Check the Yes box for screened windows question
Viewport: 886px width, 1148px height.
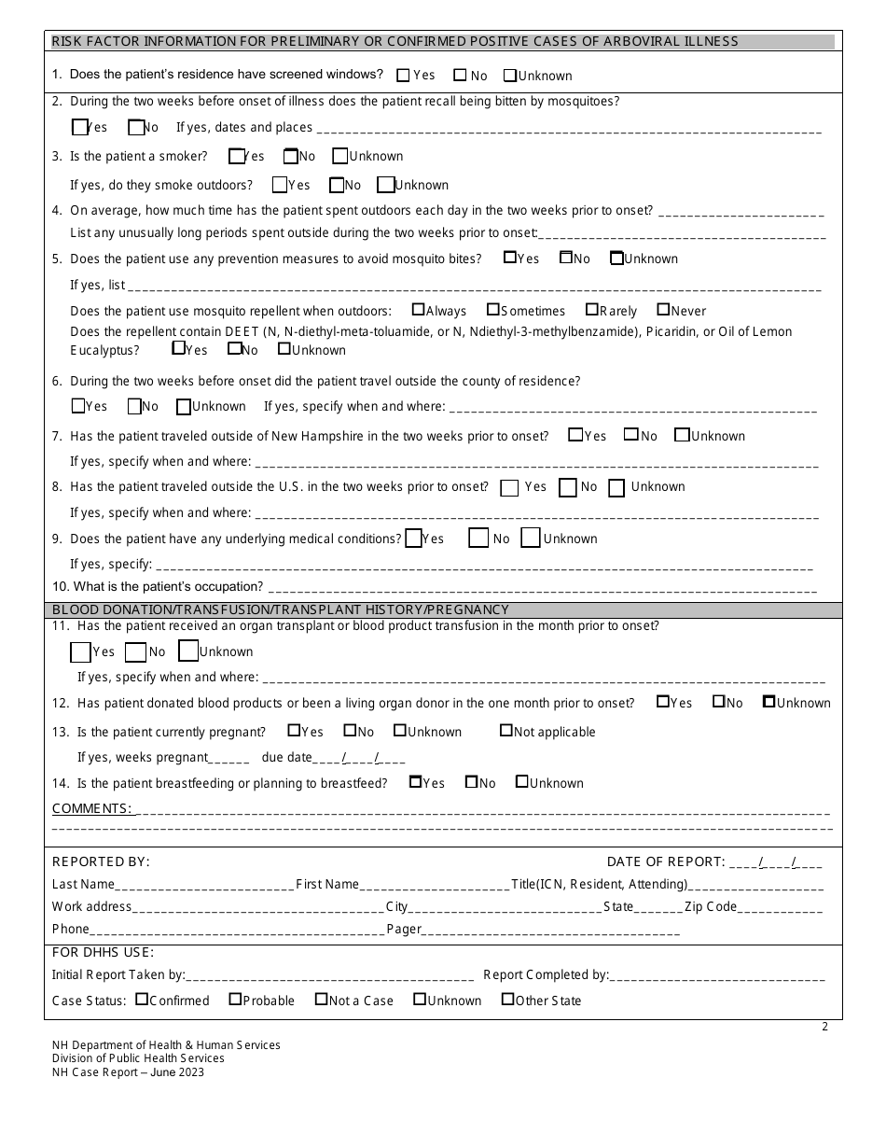click(403, 75)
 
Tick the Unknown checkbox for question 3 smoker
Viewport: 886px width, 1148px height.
click(340, 156)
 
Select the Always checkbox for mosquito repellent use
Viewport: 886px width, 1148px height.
click(418, 310)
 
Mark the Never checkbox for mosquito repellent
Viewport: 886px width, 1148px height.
click(663, 310)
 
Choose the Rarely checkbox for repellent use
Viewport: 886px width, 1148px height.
click(592, 310)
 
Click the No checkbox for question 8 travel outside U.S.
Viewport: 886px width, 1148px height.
click(567, 487)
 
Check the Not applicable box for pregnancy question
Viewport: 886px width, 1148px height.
click(506, 731)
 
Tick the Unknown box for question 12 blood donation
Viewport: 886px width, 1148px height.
click(769, 702)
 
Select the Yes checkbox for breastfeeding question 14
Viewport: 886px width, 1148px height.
click(416, 782)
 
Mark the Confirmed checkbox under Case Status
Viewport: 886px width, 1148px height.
click(142, 1000)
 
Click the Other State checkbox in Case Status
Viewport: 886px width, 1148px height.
click(507, 1000)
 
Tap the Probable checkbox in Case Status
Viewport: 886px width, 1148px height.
click(235, 1000)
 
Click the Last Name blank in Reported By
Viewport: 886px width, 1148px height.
click(204, 885)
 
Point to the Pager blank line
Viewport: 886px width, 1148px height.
click(550, 930)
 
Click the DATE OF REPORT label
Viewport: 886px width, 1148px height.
click(665, 861)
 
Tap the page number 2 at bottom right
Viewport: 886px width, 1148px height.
click(824, 1028)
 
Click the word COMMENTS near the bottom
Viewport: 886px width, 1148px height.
click(90, 808)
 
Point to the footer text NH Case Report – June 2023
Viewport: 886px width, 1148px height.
click(128, 1072)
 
